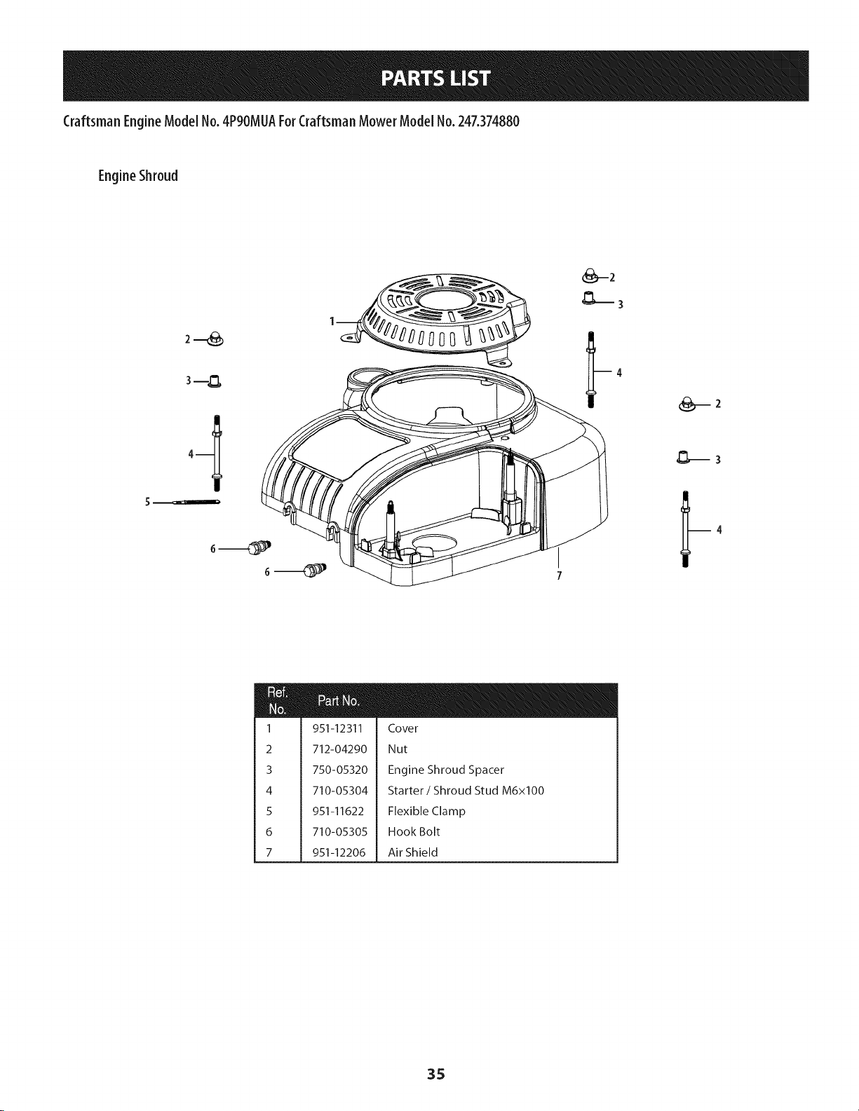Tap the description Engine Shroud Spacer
click(445, 770)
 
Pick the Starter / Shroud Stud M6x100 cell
click(465, 791)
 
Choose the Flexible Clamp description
click(426, 811)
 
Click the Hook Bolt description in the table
click(413, 832)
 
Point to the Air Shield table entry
click(412, 852)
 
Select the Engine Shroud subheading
click(138, 175)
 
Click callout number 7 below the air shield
click(558, 576)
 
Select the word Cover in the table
click(403, 728)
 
